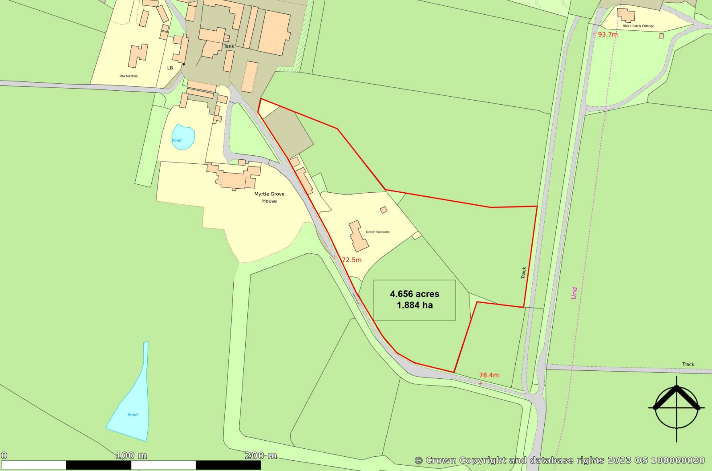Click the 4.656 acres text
point(414,294)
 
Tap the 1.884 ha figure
point(414,305)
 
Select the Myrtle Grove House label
point(269,197)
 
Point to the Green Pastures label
point(377,232)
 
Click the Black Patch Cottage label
point(638,26)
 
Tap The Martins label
point(128,76)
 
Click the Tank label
point(229,46)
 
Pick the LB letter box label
point(170,68)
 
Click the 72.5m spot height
point(351,260)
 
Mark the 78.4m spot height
point(489,375)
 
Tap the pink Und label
point(574,292)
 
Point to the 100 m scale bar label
point(131,455)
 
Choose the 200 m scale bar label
point(261,455)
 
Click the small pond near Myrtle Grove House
point(183,137)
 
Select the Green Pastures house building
point(358,235)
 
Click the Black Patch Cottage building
point(627,15)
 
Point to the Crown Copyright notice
point(560,460)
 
